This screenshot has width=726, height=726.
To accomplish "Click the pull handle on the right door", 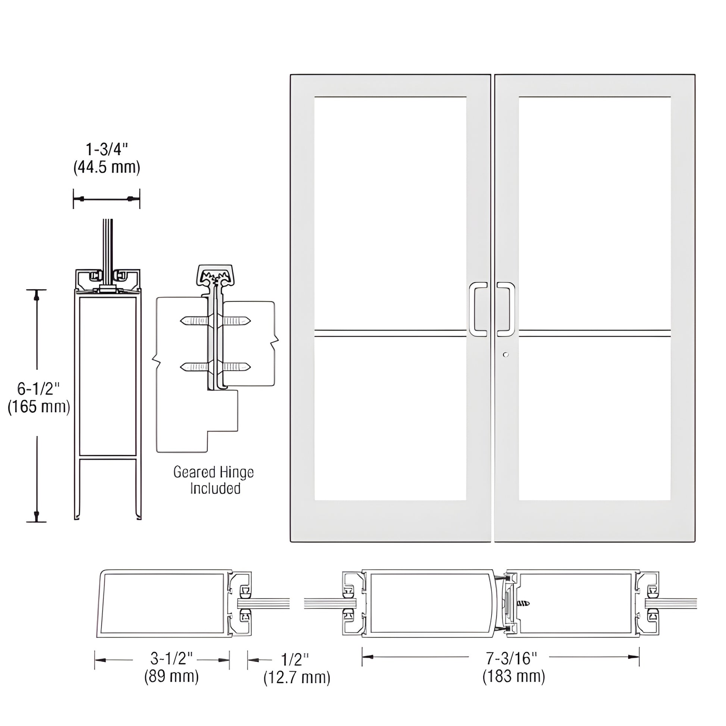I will (x=508, y=309).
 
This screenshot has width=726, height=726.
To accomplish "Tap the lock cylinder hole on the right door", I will (x=506, y=354).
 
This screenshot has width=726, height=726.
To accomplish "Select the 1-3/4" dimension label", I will (x=107, y=150).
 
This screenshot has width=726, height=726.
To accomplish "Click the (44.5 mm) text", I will (x=107, y=167).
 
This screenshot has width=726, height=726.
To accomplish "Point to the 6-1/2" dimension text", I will (x=39, y=388).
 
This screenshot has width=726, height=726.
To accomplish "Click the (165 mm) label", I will (x=39, y=406).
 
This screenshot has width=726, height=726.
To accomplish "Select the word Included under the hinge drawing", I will (x=215, y=488).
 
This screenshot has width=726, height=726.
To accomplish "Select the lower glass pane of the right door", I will (x=594, y=418).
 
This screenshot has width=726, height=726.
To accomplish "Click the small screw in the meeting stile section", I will (x=524, y=604).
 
